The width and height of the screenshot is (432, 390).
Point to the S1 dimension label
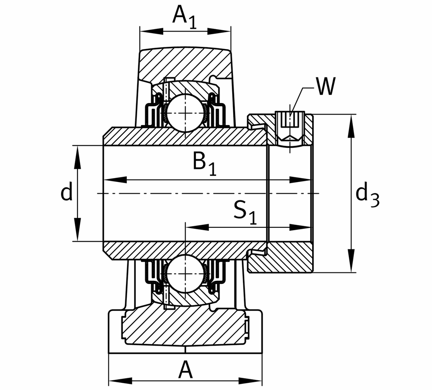coord(245,213)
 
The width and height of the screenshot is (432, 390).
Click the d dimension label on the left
coord(67,192)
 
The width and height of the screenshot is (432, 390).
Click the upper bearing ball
coord(185,112)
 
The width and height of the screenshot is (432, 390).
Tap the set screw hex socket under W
coord(290,121)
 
